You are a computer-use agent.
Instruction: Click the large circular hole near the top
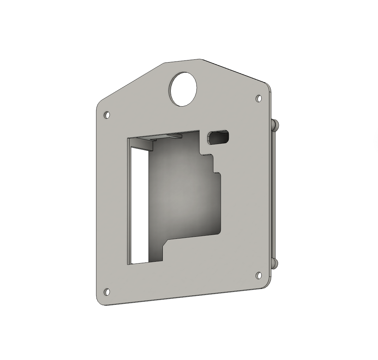[x=183, y=89]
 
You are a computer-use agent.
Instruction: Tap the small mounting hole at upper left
[x=107, y=115]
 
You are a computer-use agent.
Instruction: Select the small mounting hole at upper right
[x=259, y=99]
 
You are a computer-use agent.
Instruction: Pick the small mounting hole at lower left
[x=107, y=292]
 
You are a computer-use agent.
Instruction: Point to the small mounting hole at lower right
[x=259, y=276]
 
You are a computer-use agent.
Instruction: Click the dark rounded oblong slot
[x=219, y=137]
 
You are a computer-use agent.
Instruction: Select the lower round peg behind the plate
[x=276, y=263]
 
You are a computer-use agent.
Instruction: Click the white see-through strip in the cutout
[x=140, y=205]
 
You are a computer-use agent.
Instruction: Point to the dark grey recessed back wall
[x=184, y=201]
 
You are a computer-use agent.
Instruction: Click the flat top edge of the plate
[x=182, y=61]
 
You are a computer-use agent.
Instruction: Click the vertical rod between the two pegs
[x=274, y=194]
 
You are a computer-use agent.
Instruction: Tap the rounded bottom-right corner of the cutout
[x=219, y=232]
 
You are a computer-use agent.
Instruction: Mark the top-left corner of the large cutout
[x=128, y=139]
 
